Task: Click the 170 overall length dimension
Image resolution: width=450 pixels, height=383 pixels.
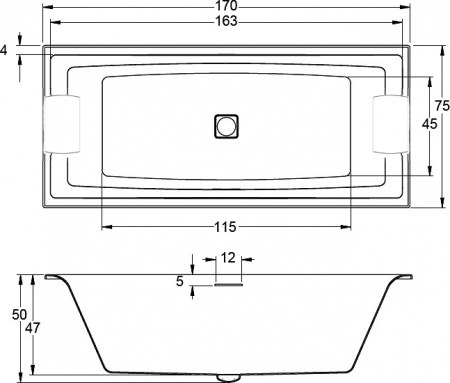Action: pyautogui.click(x=225, y=7)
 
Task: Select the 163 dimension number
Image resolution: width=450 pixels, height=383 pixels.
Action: pyautogui.click(x=225, y=22)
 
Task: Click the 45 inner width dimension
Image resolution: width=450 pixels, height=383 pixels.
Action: pyautogui.click(x=428, y=124)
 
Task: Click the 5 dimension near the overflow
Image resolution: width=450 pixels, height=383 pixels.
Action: pyautogui.click(x=180, y=282)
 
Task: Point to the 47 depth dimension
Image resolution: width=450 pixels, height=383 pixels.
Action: pyautogui.click(x=34, y=327)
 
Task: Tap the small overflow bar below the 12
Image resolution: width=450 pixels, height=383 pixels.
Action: pyautogui.click(x=227, y=282)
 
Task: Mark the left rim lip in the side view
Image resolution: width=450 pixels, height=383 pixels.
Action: pyautogui.click(x=52, y=275)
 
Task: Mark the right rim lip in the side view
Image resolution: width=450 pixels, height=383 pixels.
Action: pyautogui.click(x=404, y=275)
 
